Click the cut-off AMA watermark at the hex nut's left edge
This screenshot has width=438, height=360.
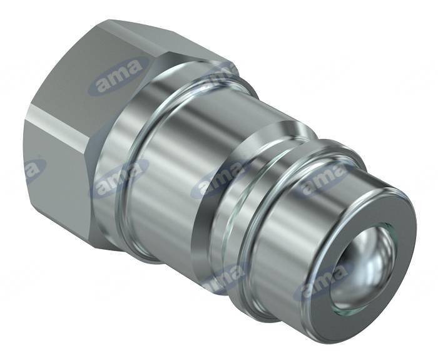point(34,168)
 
